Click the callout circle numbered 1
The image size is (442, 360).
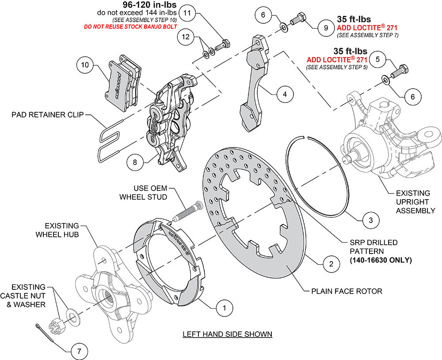pos(225,307)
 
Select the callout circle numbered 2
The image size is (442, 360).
pos(328,265)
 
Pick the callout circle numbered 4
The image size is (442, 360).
pos(285,94)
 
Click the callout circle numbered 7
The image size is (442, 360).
pos(79,352)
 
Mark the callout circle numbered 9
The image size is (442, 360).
pos(326,27)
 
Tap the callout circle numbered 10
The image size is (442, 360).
pos(85,65)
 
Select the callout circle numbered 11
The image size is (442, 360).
pos(187,12)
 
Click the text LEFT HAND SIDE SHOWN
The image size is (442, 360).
pos(227,334)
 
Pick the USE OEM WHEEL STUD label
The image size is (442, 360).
pos(143,193)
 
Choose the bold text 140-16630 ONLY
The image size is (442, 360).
pos(381,261)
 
